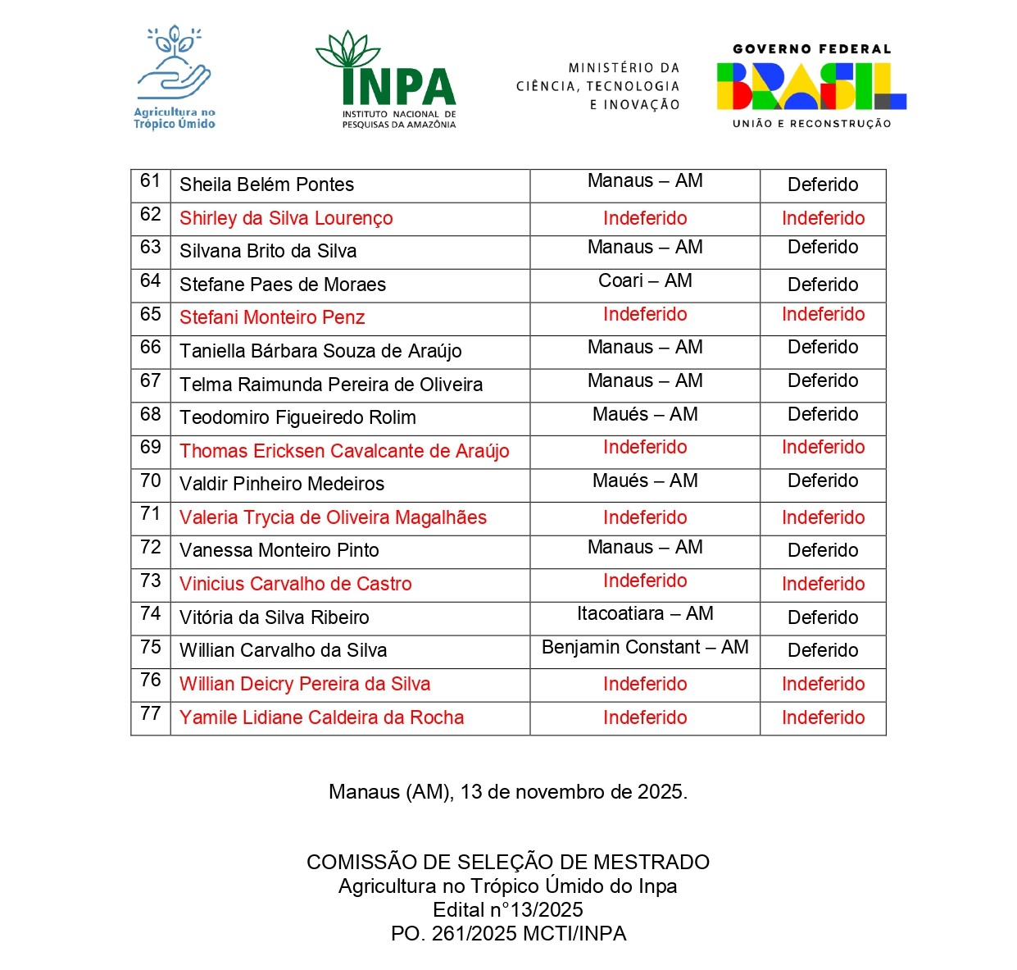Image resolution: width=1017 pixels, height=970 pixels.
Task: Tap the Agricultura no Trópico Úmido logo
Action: click(x=175, y=78)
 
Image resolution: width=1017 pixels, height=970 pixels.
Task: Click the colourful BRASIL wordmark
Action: click(x=811, y=86)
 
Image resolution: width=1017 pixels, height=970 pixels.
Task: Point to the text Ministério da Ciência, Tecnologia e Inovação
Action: click(x=598, y=86)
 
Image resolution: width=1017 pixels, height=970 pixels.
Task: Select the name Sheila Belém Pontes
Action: click(x=266, y=184)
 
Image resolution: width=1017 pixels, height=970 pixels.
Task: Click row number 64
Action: click(x=151, y=280)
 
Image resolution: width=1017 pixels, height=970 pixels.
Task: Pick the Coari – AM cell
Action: click(x=645, y=281)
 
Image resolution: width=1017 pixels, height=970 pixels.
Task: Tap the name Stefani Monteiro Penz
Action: click(x=272, y=317)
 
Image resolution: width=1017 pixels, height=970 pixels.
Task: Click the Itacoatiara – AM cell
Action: click(x=645, y=613)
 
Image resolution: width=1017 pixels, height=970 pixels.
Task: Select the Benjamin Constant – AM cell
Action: click(x=645, y=647)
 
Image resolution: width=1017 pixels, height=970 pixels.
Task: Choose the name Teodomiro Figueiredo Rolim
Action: click(x=297, y=417)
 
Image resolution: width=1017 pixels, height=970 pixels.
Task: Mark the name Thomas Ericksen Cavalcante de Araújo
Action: click(x=344, y=451)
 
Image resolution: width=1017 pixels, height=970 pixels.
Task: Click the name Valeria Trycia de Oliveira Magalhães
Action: click(x=333, y=517)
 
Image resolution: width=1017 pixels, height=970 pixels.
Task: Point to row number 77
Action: click(x=151, y=713)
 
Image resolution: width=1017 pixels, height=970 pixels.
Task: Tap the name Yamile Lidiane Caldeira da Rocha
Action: click(x=321, y=717)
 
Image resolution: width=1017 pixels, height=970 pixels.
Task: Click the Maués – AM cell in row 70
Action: click(x=645, y=480)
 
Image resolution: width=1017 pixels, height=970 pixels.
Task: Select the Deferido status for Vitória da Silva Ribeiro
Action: click(x=823, y=617)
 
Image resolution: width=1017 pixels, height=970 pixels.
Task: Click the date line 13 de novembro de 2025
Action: click(x=508, y=791)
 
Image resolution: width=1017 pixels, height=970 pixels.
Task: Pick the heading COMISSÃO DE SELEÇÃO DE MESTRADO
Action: click(x=508, y=862)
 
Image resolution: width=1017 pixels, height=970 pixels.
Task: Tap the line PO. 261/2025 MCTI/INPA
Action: click(x=508, y=933)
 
